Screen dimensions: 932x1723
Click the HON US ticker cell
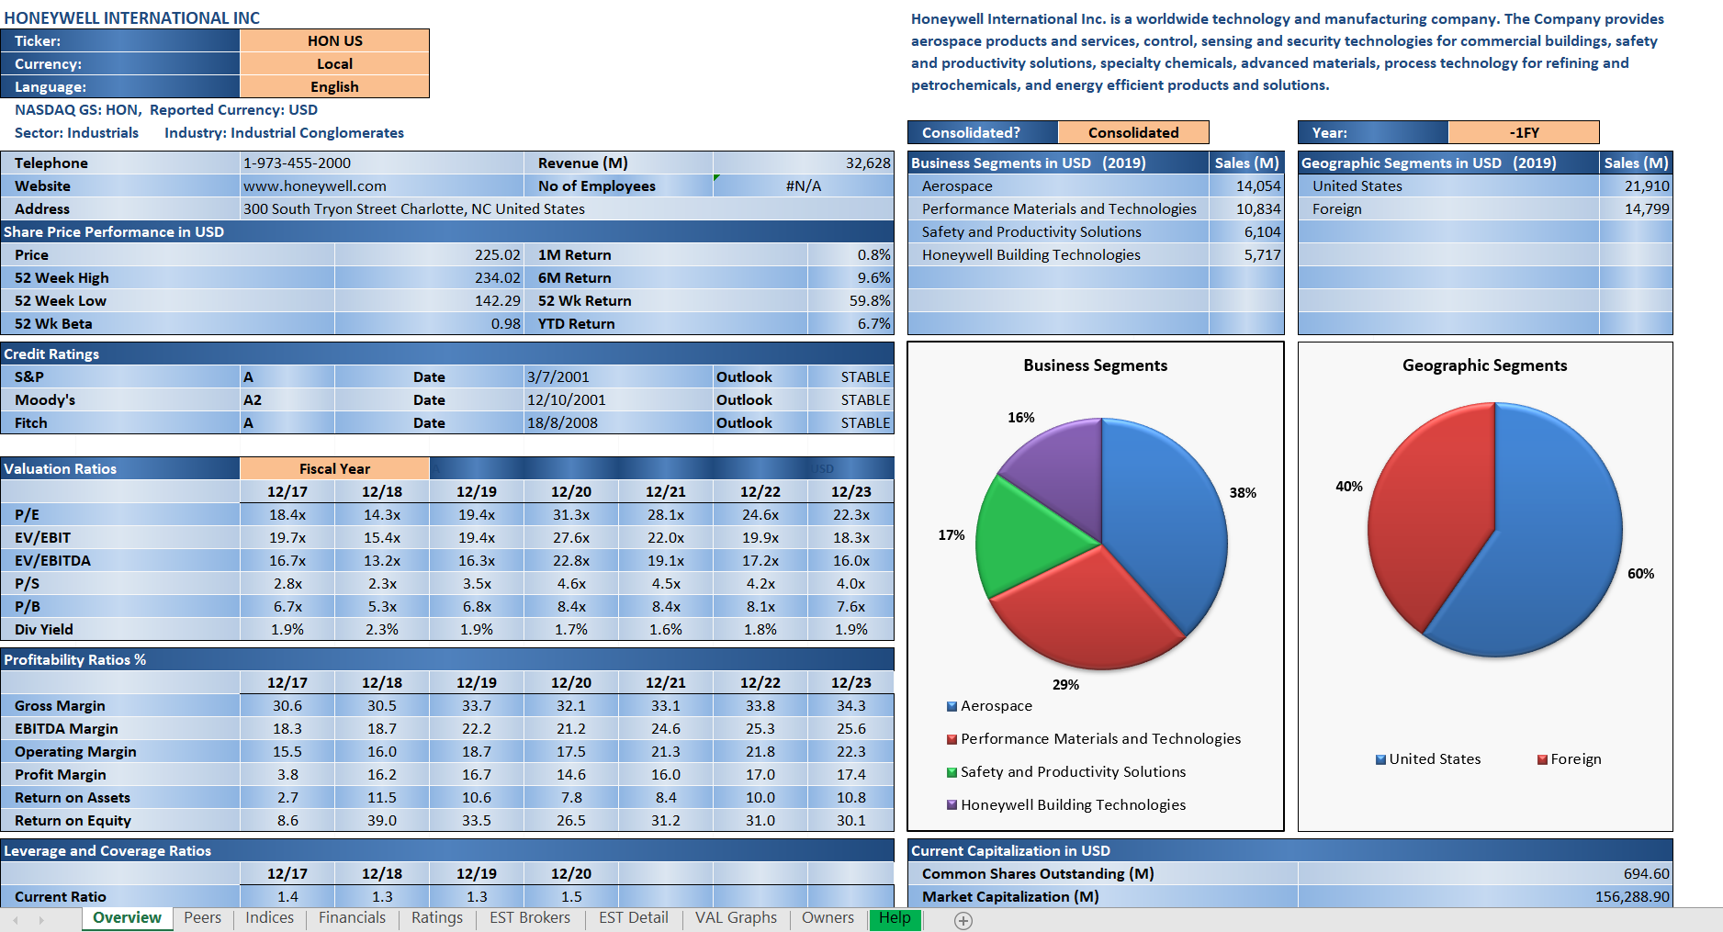[334, 40]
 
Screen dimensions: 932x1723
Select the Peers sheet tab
[202, 917]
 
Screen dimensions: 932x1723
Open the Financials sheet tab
[352, 917]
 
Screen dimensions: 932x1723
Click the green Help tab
[895, 917]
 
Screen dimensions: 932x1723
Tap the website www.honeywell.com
[314, 185]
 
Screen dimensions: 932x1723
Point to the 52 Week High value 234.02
[497, 277]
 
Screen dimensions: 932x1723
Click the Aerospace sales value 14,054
[1257, 185]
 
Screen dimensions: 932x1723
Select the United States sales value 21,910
[1646, 185]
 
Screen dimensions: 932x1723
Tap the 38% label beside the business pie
[1243, 493]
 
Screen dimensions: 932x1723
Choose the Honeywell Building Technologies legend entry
[1073, 805]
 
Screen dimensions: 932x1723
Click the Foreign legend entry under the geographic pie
[1575, 759]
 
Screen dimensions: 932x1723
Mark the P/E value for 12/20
[570, 514]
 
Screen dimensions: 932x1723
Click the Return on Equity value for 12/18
[381, 820]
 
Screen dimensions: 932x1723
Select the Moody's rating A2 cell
[253, 399]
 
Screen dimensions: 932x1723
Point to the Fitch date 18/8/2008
[562, 422]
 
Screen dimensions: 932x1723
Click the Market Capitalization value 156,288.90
[1631, 896]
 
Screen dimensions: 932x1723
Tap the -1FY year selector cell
[1523, 132]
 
